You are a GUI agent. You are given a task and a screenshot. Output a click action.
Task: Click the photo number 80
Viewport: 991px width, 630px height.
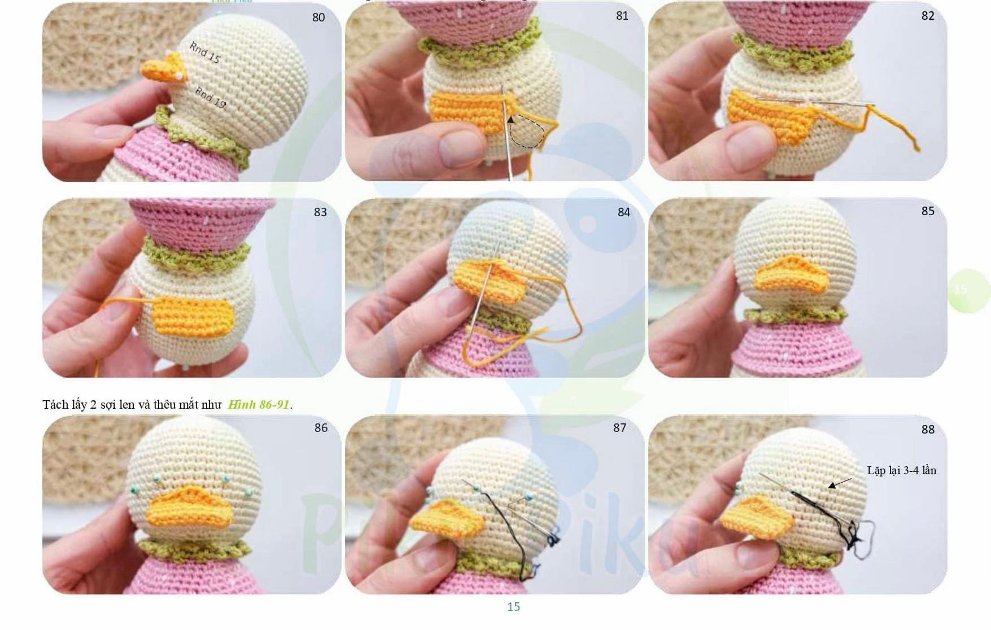pos(318,17)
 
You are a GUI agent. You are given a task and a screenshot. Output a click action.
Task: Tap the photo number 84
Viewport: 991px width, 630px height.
pos(623,212)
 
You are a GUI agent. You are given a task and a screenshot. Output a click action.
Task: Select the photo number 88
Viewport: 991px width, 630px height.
pos(928,430)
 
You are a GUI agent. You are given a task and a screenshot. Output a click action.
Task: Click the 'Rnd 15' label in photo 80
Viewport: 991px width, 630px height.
pos(204,53)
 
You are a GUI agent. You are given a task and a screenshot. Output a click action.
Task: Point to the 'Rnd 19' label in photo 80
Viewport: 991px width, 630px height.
pos(210,97)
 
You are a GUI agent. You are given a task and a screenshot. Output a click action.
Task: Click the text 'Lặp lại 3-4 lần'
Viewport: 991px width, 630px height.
pos(901,470)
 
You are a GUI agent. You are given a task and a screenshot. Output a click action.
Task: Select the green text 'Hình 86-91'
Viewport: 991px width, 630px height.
pos(259,405)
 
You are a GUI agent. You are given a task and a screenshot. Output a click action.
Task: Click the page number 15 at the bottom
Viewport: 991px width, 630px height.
pos(513,607)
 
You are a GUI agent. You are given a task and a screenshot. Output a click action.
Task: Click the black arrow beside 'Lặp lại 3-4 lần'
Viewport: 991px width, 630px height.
pos(840,483)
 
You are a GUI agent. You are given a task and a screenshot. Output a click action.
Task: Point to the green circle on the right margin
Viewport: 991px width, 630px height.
pos(968,290)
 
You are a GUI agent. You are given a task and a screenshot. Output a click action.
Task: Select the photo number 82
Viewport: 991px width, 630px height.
pos(928,16)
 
